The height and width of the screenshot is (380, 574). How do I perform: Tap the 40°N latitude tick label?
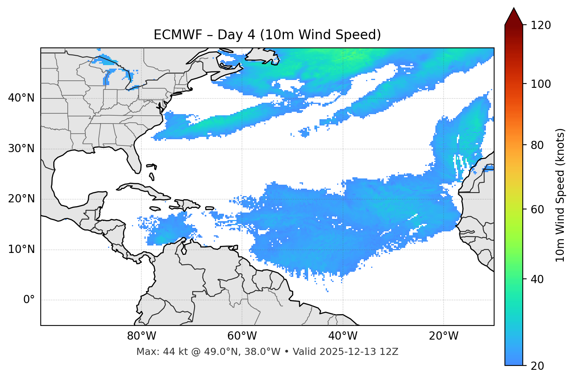pos(21,98)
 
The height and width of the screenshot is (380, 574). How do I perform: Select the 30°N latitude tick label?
pos(21,149)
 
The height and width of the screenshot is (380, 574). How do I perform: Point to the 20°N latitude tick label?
pos(21,199)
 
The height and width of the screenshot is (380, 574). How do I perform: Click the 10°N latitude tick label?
pos(21,249)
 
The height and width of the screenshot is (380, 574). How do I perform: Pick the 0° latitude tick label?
pos(29,300)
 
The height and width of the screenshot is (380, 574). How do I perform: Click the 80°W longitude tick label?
pos(141,336)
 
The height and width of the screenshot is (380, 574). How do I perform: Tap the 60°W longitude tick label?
pos(242,336)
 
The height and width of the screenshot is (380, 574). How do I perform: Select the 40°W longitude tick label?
pos(343,336)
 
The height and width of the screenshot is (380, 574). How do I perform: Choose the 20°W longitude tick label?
pos(443,336)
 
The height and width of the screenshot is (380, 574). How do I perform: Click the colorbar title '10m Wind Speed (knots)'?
pos(560,195)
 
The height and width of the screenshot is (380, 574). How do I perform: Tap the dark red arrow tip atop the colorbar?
pos(514,16)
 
